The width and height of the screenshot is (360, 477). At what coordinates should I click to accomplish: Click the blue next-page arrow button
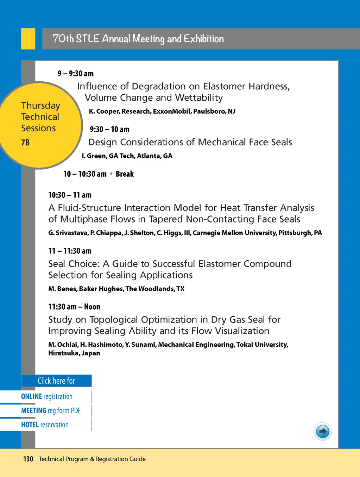(x=322, y=431)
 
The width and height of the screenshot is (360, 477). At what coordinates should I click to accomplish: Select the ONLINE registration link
(x=47, y=396)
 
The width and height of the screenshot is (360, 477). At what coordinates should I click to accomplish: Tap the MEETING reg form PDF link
(x=51, y=410)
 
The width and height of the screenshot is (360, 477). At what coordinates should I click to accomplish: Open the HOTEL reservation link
(x=45, y=425)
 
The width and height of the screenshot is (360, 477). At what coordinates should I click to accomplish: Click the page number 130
(x=28, y=459)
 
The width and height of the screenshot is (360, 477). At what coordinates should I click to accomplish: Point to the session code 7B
(x=25, y=143)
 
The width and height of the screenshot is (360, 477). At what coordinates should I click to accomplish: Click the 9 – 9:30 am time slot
(x=76, y=74)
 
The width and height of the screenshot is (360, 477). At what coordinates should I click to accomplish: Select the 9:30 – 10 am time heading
(x=109, y=130)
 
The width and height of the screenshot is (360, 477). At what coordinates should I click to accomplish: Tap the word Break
(x=125, y=174)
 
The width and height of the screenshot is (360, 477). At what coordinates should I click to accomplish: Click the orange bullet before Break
(x=111, y=174)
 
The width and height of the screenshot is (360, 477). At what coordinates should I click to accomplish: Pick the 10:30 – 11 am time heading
(x=70, y=195)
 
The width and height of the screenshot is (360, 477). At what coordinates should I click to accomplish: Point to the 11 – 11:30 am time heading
(x=70, y=251)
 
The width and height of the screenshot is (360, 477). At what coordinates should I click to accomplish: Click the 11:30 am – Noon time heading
(x=74, y=307)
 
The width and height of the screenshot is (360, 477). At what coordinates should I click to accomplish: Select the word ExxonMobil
(x=172, y=112)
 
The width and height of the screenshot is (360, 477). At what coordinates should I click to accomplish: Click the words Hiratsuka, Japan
(x=74, y=353)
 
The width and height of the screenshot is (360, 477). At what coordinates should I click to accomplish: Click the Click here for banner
(x=56, y=381)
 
